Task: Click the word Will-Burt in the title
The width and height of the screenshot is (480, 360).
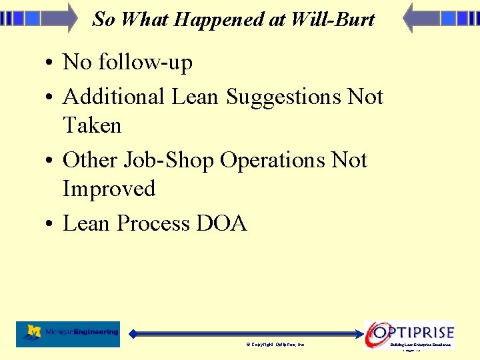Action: coord(333,19)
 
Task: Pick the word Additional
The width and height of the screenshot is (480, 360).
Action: coord(113,97)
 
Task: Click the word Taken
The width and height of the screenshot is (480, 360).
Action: coord(92,125)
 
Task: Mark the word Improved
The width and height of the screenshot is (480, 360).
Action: coord(109,189)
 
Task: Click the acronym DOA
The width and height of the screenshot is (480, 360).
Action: coord(221,223)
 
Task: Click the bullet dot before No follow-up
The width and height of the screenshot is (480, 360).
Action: coord(50,64)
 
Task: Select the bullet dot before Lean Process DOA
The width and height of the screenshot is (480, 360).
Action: coord(50,225)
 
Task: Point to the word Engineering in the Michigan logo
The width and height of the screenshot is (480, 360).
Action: coord(96,332)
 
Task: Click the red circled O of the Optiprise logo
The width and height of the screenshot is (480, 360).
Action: coord(378,332)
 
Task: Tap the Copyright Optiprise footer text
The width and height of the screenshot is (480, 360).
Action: coord(275,345)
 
